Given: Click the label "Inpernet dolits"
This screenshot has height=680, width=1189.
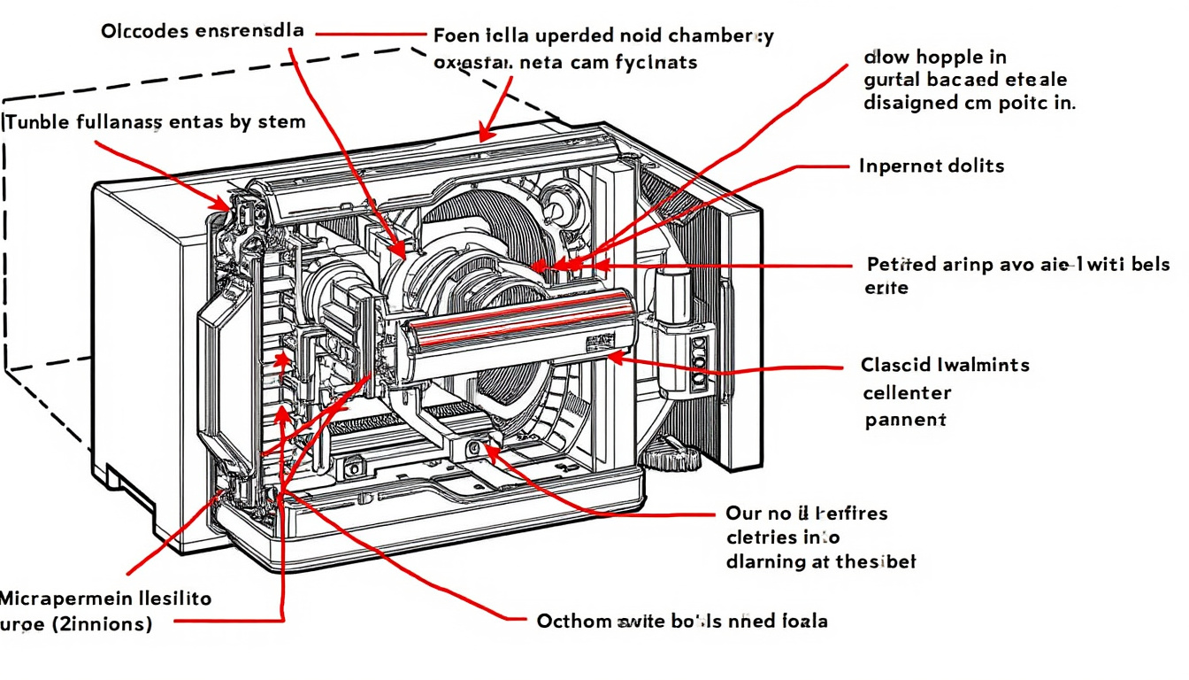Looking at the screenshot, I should [x=932, y=166].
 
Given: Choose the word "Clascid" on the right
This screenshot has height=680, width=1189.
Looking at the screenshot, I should [x=894, y=365].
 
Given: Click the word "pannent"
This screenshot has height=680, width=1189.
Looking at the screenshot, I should [x=905, y=420].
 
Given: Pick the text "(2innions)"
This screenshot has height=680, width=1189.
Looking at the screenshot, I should [x=102, y=624].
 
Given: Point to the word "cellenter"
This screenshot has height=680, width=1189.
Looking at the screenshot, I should [x=907, y=392].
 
